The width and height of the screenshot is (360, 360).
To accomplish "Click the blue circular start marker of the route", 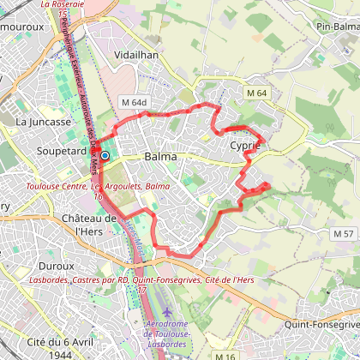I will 105,155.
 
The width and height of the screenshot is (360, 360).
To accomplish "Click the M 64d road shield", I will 135,102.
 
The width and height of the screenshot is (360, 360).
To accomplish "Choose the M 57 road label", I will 343,233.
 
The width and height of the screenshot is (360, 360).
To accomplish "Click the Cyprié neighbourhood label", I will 245,146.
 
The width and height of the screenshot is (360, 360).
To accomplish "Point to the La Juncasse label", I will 43,122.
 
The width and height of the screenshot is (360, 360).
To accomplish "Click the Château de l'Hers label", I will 89,225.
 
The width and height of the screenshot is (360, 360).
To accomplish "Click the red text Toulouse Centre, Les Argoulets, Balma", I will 85,185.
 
